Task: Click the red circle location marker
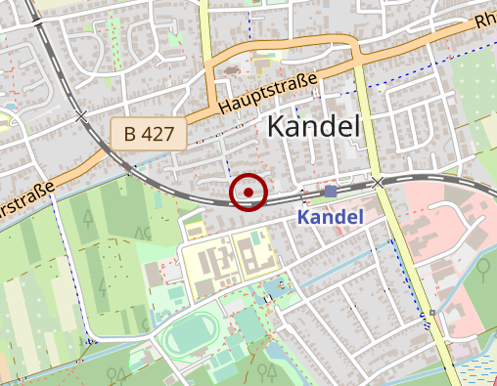pos(248,193)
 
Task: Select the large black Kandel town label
pos(314,125)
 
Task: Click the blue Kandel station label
pos(331,216)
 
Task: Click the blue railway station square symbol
pos(331,191)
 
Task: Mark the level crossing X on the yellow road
pos(378,182)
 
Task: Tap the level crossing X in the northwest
pos(81,116)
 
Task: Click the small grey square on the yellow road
pos(430,313)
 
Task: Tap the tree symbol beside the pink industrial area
pos(482,265)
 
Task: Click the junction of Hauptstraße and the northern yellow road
pos(208,99)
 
